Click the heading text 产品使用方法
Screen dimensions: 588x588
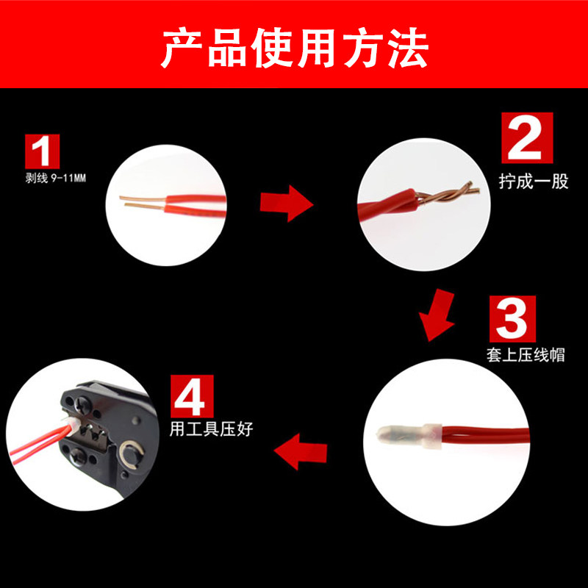(x=294, y=48)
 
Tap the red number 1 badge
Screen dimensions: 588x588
(x=43, y=152)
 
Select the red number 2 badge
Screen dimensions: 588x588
(x=526, y=137)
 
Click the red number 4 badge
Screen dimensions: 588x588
(x=193, y=396)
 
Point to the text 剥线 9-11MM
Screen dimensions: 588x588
(x=56, y=179)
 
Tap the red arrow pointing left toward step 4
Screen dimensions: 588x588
(x=301, y=449)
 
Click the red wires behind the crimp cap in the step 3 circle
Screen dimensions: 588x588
(x=485, y=434)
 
